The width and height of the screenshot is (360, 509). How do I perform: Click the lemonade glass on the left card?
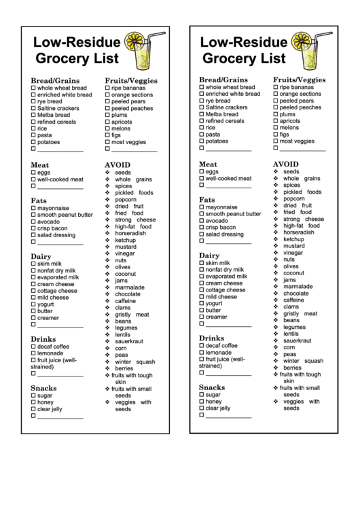point(145,54)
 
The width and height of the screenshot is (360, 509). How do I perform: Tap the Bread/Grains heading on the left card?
point(55,80)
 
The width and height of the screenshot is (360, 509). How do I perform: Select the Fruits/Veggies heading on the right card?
point(300,80)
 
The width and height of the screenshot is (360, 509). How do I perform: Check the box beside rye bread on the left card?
point(33,102)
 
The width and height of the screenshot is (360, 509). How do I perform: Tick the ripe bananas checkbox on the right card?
point(276,88)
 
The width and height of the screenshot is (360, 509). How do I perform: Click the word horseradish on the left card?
point(130,233)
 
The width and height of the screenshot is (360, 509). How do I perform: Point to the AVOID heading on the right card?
point(286,164)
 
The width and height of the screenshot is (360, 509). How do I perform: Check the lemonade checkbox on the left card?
point(33,353)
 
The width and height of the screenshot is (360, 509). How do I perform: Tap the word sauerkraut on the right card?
point(298,340)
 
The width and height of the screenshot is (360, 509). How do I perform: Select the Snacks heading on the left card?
point(43,388)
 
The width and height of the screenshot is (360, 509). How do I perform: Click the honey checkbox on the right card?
point(202,402)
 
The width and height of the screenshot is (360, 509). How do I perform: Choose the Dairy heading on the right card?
point(209,256)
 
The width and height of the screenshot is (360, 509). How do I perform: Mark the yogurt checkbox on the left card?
point(33,304)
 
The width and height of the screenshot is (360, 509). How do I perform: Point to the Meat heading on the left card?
point(40,164)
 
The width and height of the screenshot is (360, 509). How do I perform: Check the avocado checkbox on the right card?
point(202,221)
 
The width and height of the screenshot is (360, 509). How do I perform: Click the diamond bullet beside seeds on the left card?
point(108,173)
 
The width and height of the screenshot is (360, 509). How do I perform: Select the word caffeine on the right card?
point(294,300)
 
